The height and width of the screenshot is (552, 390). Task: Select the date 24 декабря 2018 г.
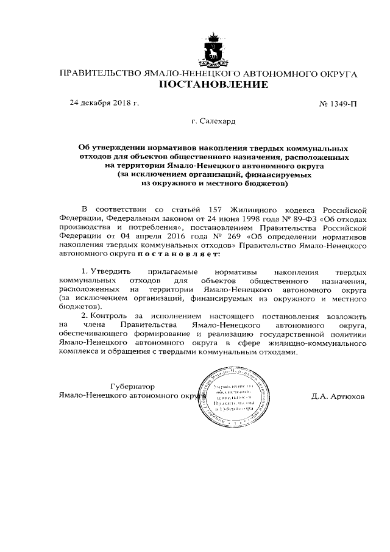tap(104, 102)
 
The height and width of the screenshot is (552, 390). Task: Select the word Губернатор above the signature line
tap(132, 386)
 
